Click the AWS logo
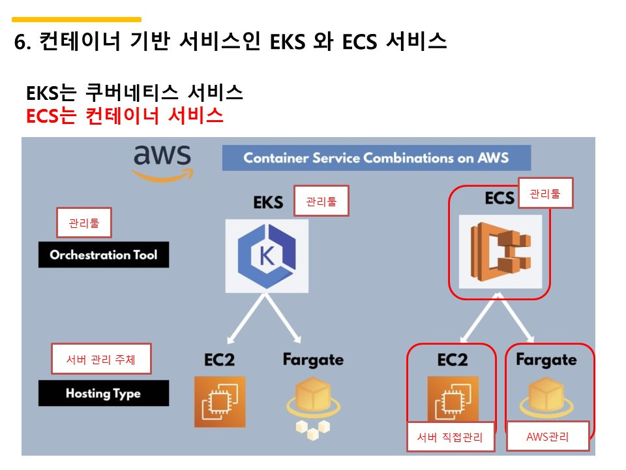click(x=162, y=161)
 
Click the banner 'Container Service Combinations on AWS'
click(x=376, y=158)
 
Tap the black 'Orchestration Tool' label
click(x=103, y=255)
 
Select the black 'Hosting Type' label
click(x=103, y=394)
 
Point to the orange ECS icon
click(x=500, y=251)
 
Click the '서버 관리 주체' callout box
click(x=101, y=359)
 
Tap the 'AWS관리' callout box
click(x=548, y=437)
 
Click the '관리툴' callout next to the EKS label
click(x=321, y=202)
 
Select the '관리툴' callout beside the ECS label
click(x=545, y=193)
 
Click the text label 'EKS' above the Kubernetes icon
click(x=268, y=202)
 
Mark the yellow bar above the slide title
click(x=77, y=20)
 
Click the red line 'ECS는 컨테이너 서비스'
click(x=125, y=116)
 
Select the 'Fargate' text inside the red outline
click(x=546, y=360)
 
